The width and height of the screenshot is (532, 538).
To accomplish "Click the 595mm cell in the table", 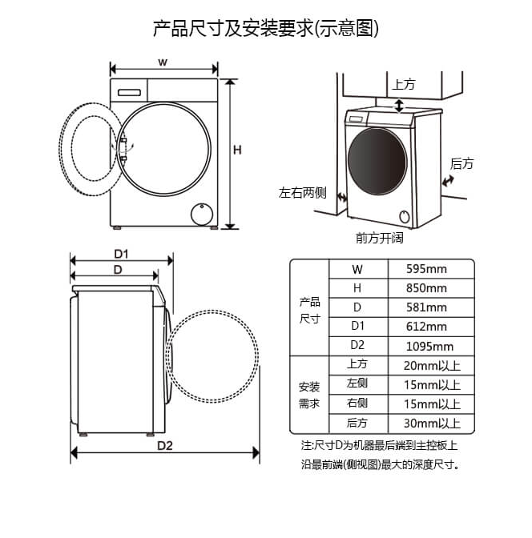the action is click(x=426, y=269).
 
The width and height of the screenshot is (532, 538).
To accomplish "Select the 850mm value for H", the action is click(x=426, y=288).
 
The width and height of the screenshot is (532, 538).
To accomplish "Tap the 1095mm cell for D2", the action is click(x=429, y=346).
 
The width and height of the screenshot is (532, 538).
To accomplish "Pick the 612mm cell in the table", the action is click(x=426, y=327).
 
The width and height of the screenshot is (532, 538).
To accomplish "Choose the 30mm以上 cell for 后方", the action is click(x=432, y=423).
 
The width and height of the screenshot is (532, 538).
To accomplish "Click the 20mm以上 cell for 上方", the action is click(x=432, y=365).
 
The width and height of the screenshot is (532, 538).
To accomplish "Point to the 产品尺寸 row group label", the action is click(x=309, y=311).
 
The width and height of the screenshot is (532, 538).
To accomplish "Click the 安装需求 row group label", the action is click(x=309, y=395).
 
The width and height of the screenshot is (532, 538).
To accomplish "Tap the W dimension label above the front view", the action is click(x=163, y=62).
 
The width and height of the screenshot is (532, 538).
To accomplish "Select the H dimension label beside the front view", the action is click(x=237, y=150).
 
